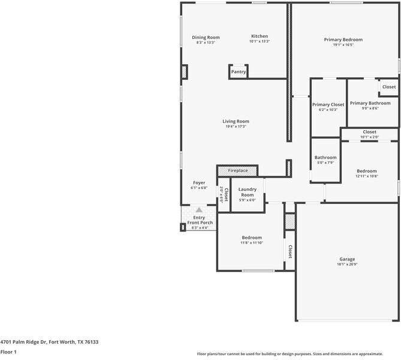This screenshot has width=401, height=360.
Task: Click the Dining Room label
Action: (x=206, y=37)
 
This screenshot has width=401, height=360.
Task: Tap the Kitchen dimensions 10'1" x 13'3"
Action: (x=260, y=41)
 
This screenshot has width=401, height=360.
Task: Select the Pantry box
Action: (x=239, y=71)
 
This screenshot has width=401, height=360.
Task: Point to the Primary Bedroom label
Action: (x=343, y=40)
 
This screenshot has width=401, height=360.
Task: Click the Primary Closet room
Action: (x=328, y=107)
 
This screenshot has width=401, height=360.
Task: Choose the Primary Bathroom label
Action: (x=370, y=103)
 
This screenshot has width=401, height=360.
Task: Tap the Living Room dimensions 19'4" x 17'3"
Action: (x=236, y=127)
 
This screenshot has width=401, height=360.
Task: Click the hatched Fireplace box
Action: (x=237, y=171)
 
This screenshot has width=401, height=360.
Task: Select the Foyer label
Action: (x=199, y=182)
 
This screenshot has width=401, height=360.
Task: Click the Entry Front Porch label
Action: (x=198, y=220)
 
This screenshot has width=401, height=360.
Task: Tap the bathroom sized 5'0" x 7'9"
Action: (x=325, y=160)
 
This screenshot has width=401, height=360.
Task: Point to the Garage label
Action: (x=347, y=259)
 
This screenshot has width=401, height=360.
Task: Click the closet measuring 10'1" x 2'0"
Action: (x=369, y=134)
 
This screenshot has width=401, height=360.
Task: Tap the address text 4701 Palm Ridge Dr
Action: (x=49, y=342)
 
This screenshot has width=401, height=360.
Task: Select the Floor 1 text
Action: (x=8, y=352)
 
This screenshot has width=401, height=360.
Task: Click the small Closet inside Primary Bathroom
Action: (x=389, y=87)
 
